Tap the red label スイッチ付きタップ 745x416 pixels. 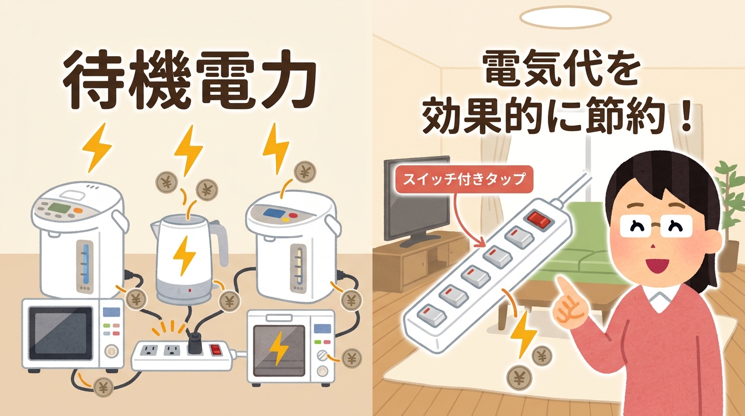(464, 178)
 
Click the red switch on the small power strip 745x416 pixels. (217, 350)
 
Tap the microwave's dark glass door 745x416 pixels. (60, 333)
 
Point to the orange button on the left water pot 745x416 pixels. (78, 210)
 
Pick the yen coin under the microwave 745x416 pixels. (103, 386)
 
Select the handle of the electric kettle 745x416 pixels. (219, 242)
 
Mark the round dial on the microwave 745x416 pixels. (112, 352)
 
